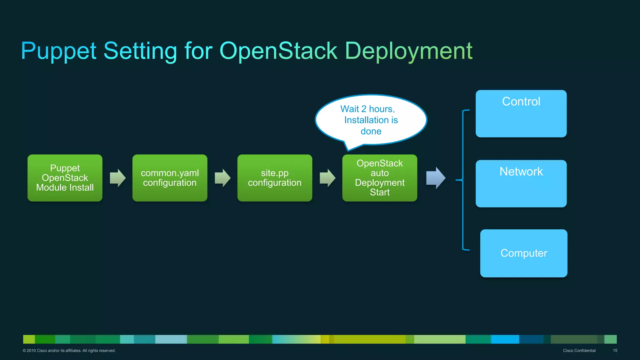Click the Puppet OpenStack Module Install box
click(65, 178)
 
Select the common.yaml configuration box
click(170, 178)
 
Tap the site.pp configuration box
click(275, 178)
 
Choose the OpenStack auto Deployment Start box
click(380, 178)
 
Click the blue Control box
click(521, 114)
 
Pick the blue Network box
click(521, 184)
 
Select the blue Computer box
click(524, 253)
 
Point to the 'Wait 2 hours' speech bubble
click(371, 120)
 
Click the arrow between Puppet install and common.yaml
click(118, 178)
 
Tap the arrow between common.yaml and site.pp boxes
click(222, 178)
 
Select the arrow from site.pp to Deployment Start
click(327, 178)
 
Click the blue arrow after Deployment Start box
click(436, 178)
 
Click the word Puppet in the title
click(58, 51)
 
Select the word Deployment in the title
click(409, 51)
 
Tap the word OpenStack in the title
click(278, 51)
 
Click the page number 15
click(615, 351)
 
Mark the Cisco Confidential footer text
click(579, 351)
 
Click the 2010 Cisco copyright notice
click(69, 351)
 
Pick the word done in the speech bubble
click(371, 131)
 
